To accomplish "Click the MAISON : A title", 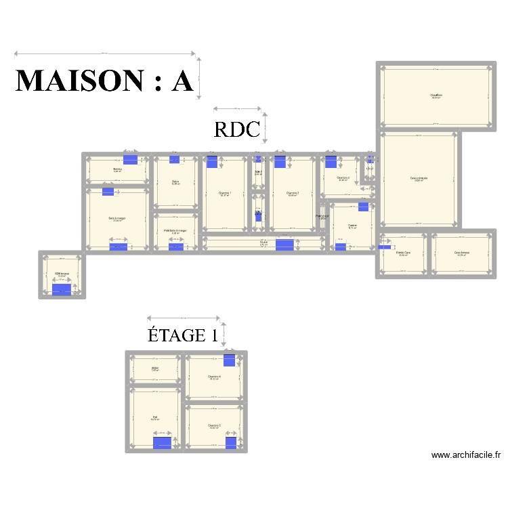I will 104,80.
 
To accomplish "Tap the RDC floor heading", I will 237,129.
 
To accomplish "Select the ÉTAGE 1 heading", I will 183,335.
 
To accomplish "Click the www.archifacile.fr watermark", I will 465,456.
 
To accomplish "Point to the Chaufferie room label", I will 436,96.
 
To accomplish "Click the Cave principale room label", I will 419,178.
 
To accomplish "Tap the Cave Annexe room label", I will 463,253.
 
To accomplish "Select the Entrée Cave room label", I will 403,253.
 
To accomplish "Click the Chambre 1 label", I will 225,193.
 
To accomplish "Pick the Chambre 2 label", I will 293,193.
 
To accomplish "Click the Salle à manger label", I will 117,218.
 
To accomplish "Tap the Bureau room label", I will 117,169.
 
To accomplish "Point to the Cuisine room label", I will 352,226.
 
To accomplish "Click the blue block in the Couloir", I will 284,245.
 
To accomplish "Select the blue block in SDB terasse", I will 62,290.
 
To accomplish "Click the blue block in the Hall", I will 162,443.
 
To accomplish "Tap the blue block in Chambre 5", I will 231,442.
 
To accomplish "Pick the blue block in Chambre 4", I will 230,360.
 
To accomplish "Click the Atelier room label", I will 154,368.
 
